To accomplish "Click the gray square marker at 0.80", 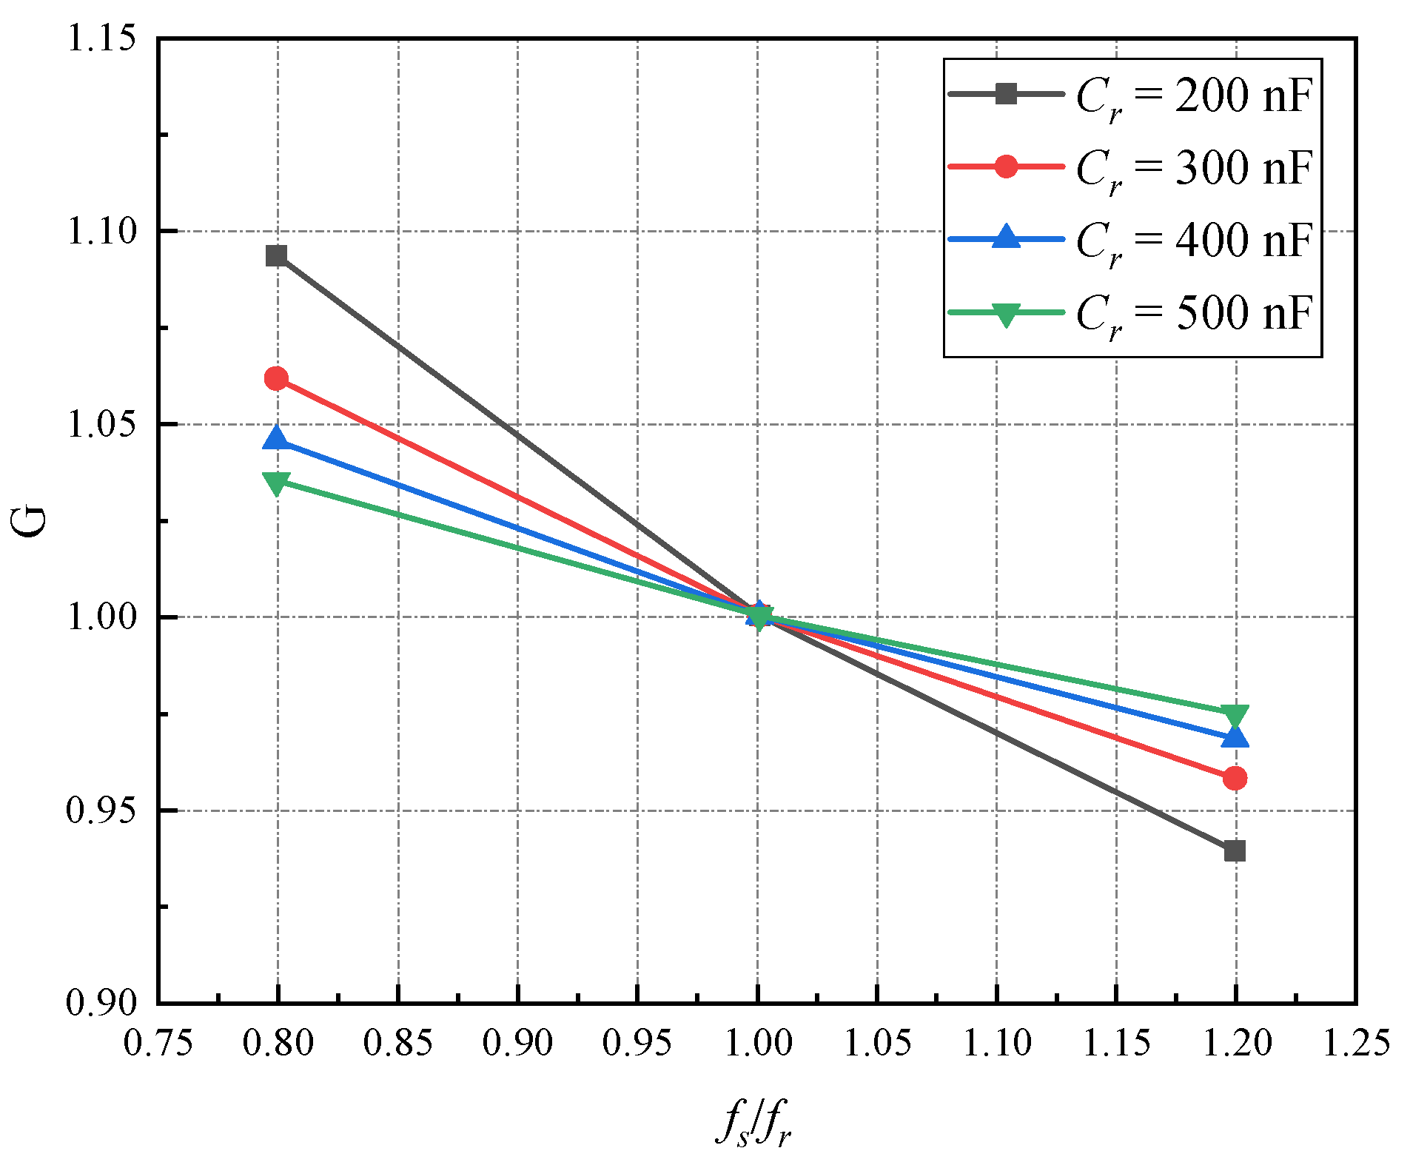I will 277,256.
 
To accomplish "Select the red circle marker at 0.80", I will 276,379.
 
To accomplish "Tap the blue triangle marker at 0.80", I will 276,438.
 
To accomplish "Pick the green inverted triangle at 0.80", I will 276,483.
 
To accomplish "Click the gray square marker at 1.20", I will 1235,850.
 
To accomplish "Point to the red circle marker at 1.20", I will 1235,778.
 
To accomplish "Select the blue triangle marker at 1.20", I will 1235,736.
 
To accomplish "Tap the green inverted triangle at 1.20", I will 1235,716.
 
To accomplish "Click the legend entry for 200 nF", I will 1131,95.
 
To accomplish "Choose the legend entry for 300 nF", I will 1131,168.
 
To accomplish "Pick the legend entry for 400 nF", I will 1131,240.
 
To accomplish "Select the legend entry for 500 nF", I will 1131,312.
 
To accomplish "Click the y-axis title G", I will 30,521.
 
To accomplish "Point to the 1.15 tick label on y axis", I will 101,38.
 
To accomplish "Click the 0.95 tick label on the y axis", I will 101,810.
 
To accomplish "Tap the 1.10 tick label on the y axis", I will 101,231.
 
